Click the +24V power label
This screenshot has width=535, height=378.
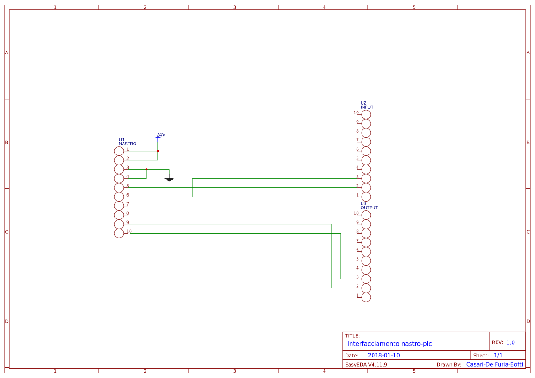coord(159,135)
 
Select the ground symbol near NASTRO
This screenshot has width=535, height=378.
coord(169,179)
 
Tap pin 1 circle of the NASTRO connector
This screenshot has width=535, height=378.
coord(119,151)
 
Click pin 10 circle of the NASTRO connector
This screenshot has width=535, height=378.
coord(119,233)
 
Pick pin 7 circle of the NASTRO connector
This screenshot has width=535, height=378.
coord(119,206)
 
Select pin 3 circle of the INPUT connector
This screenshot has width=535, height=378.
coord(366,178)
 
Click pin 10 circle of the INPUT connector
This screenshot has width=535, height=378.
coord(366,114)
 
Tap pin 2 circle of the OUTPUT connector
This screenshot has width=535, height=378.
coord(366,288)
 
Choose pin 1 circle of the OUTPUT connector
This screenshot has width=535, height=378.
coord(366,297)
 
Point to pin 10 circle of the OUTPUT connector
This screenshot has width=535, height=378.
coord(366,215)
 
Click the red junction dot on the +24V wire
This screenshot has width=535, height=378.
coord(158,151)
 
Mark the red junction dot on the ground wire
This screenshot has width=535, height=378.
coord(146,169)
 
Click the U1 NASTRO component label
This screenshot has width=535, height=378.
coord(127,142)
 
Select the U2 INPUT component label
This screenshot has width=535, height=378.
coord(367,105)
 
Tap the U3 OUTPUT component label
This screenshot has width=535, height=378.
coord(369,206)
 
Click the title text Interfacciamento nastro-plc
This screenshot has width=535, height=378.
coord(389,344)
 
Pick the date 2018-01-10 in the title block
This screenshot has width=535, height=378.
coord(384,355)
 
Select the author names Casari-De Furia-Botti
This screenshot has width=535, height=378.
coord(494,364)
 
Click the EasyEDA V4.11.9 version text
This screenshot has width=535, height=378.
coord(366,364)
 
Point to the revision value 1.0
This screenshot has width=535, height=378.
coord(510,342)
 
